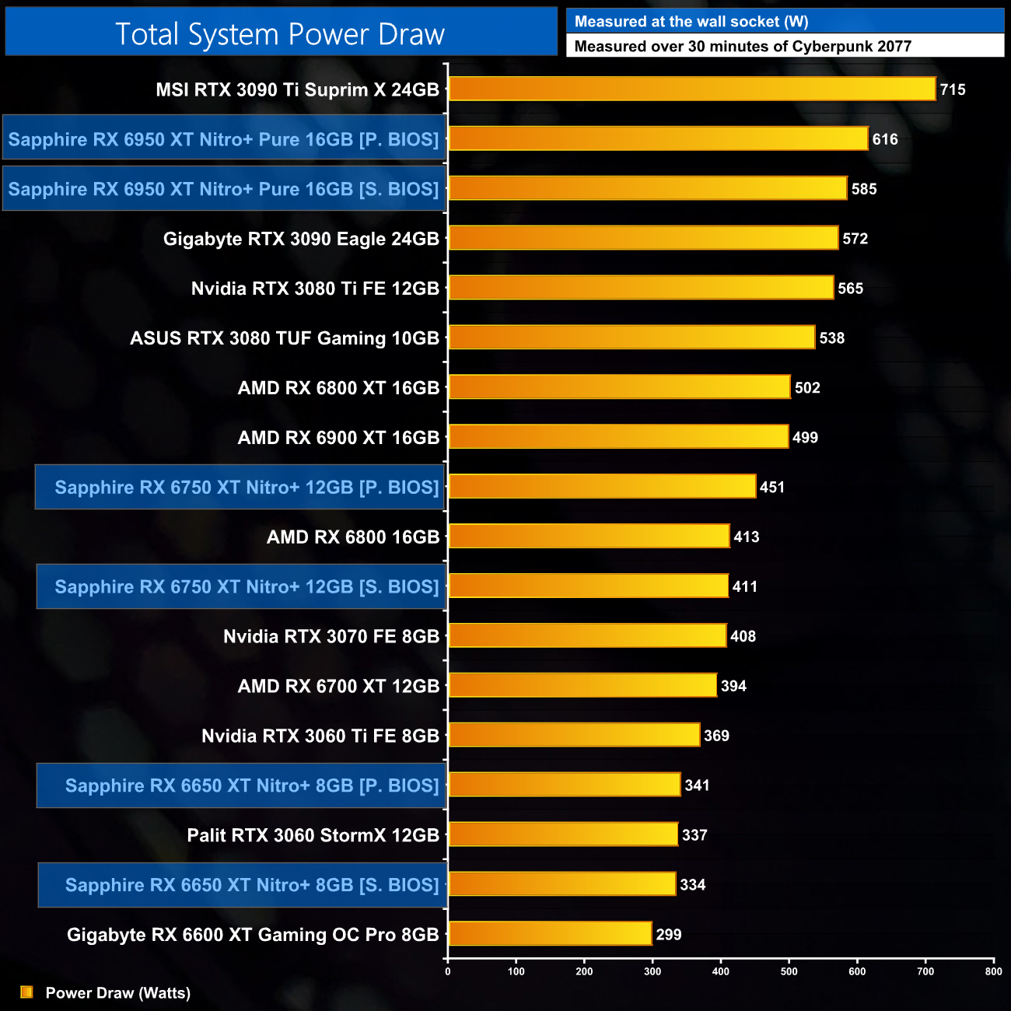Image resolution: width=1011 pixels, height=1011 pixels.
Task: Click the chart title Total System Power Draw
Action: click(280, 34)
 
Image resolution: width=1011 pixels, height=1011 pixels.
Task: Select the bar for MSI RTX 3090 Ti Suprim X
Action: click(692, 89)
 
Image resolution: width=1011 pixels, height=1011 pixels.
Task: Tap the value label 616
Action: click(885, 139)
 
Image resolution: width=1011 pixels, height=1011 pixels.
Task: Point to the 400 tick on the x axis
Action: click(721, 971)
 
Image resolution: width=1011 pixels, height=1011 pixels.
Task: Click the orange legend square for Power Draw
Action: click(26, 992)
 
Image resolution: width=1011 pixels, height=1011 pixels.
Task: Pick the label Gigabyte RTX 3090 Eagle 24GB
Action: click(301, 239)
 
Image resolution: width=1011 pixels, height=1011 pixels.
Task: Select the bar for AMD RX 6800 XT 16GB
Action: click(620, 387)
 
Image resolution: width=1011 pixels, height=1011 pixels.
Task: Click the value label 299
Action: click(669, 935)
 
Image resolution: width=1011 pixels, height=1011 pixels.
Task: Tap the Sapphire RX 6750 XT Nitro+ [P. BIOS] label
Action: click(247, 488)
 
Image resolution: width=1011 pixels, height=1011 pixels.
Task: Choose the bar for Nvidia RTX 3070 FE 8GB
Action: click(588, 636)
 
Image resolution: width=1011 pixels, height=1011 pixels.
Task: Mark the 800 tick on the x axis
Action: click(993, 971)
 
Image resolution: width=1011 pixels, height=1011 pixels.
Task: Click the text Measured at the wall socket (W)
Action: click(691, 22)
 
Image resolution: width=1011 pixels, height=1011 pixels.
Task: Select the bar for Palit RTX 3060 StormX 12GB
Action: click(563, 834)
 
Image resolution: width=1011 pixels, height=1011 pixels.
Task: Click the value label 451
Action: click(772, 488)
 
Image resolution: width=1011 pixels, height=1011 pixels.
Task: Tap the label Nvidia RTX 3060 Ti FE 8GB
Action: click(320, 736)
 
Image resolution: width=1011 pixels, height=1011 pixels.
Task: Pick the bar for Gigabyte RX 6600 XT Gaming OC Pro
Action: click(550, 934)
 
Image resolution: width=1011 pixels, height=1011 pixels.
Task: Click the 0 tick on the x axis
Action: click(447, 971)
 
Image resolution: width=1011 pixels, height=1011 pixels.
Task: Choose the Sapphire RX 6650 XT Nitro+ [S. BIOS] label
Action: click(252, 885)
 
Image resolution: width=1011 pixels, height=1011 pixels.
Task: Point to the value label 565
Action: click(851, 289)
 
